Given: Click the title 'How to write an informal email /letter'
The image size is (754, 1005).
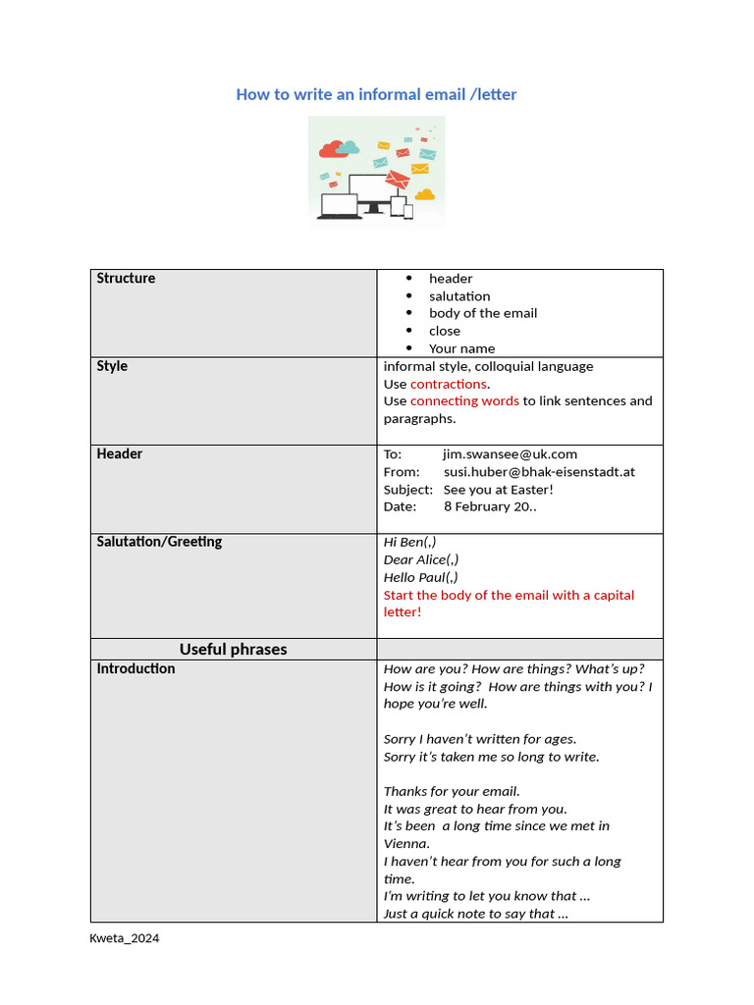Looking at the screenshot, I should [x=376, y=94].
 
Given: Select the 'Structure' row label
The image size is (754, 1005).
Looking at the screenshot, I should [x=126, y=279].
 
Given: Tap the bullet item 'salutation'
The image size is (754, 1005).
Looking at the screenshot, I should [x=458, y=296].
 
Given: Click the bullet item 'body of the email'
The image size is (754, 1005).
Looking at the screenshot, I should [x=482, y=313].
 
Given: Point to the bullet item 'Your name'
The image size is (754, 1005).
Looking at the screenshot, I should [x=461, y=348].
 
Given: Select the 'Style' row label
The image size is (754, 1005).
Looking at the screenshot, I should [x=112, y=366].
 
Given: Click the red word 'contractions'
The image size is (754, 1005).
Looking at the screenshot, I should [x=448, y=384].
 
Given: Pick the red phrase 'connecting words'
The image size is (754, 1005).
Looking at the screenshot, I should [x=464, y=401].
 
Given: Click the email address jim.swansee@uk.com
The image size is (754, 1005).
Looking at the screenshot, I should [x=510, y=454].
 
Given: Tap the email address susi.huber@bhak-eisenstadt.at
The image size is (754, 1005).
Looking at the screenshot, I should [x=539, y=472].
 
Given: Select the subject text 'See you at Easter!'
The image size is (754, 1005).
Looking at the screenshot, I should [x=498, y=490].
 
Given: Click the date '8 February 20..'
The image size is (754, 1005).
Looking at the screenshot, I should [x=490, y=507].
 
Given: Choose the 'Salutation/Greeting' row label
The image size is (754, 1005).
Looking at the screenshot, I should [x=159, y=542].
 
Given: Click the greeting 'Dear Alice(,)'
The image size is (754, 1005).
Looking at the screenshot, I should [x=420, y=559].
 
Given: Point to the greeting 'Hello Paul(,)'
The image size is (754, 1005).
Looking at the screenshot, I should [x=420, y=577].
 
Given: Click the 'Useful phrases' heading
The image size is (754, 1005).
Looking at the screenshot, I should [x=233, y=650].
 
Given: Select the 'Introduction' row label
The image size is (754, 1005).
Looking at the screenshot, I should [x=135, y=668].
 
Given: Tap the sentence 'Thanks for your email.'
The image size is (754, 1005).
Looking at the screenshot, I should [x=452, y=791].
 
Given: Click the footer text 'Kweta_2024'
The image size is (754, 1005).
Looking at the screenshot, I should [x=124, y=938].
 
